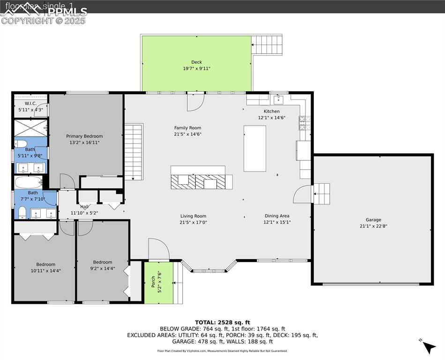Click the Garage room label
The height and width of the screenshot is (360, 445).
click(373, 219)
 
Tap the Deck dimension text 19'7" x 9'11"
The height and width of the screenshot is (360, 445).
click(196, 68)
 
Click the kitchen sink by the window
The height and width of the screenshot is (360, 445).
click(279, 99)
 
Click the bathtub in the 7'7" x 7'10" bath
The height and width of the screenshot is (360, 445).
click(28, 182)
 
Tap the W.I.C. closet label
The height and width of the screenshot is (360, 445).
click(30, 103)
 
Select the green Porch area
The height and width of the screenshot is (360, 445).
click(158, 282)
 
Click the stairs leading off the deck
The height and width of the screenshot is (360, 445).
click(267, 45)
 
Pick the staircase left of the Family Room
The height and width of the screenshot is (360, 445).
click(134, 151)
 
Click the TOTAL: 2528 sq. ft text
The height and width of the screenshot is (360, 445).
click(222, 322)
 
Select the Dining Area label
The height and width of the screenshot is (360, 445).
click(276, 216)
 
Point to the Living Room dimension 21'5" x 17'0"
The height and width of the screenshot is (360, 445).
click(193, 222)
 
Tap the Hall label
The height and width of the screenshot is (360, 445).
click(84, 206)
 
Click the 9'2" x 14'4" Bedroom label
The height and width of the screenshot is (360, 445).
click(102, 262)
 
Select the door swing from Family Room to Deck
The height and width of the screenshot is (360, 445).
click(195, 102)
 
